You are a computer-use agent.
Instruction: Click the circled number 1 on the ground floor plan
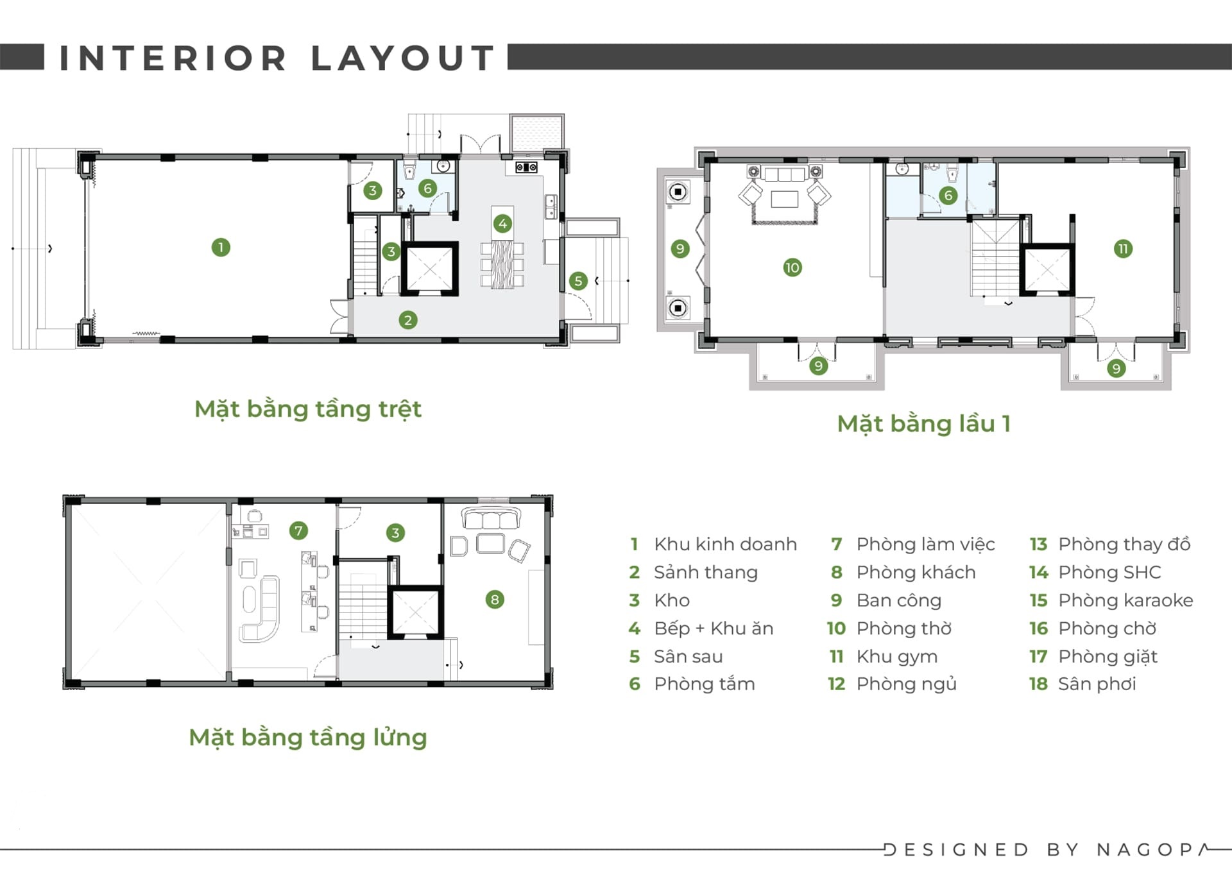221,247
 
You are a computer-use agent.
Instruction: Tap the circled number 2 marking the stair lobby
407,320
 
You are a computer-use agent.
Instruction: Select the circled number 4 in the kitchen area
502,224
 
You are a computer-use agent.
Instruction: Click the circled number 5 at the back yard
578,281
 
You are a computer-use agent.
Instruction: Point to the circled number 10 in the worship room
792,267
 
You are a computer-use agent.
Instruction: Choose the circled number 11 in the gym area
1123,249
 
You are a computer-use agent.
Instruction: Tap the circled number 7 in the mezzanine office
298,530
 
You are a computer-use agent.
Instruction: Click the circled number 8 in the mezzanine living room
494,600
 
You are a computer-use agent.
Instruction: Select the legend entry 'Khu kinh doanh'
725,544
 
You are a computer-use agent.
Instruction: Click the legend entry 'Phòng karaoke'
1125,600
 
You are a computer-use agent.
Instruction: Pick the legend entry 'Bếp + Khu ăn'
714,628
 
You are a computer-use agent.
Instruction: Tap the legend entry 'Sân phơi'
1097,684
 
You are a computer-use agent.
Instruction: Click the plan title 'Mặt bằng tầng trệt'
308,409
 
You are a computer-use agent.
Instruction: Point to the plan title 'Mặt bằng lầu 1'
924,423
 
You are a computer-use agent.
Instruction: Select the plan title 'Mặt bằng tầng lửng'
308,738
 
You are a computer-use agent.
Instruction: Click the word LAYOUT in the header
402,58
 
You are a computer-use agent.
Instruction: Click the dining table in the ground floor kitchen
502,264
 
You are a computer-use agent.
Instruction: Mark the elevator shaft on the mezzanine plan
415,613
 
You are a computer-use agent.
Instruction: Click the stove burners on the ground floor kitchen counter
527,168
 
